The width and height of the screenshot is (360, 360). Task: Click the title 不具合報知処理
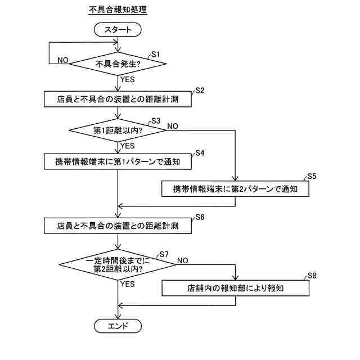click(118, 10)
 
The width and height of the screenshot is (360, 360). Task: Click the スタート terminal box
click(118, 30)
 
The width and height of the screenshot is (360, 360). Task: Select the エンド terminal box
click(118, 326)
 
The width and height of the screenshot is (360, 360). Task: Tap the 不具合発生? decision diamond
click(118, 64)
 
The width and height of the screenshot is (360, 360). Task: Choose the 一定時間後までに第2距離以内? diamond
click(118, 265)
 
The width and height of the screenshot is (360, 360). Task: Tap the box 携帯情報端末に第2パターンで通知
click(235, 189)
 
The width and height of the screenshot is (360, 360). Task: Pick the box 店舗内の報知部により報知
click(235, 289)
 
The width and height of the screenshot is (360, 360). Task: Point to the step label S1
click(156, 54)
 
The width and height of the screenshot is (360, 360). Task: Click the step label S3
click(156, 120)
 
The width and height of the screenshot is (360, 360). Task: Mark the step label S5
click(312, 176)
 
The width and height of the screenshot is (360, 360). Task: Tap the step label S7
click(164, 254)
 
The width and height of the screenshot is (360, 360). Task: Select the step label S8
click(312, 276)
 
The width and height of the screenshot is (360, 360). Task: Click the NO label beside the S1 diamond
click(64, 60)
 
